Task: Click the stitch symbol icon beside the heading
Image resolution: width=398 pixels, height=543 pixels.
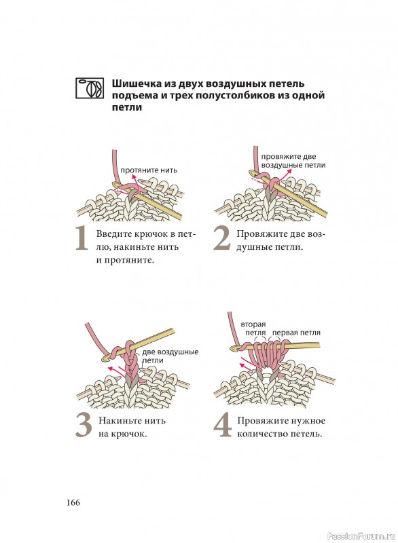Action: coord(90,88)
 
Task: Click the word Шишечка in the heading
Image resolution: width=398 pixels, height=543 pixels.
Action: coord(132,83)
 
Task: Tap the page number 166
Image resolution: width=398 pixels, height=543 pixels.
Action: coord(73,502)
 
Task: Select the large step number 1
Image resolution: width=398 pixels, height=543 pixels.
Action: coord(82,238)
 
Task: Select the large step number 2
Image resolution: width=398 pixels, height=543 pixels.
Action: coord(221,238)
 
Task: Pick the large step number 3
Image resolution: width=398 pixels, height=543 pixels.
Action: coord(84,426)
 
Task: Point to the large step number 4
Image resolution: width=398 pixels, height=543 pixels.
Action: coord(222,426)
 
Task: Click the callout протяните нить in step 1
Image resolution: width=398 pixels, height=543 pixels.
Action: coord(149,170)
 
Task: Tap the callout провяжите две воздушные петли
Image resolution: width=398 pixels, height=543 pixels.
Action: coord(293,161)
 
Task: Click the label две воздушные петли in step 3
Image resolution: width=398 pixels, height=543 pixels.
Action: coord(170,356)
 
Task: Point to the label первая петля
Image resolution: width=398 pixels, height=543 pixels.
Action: coord(296,333)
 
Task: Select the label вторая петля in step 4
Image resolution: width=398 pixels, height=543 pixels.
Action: coord(255,329)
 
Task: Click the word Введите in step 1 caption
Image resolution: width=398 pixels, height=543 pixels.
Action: coord(114,234)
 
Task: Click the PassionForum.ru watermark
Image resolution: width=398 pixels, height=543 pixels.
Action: coord(361,536)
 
